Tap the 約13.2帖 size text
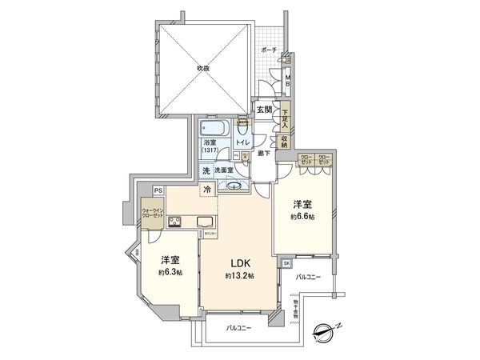[x=239, y=276]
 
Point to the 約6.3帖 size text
[x=169, y=273]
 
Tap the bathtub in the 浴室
[x=214, y=128]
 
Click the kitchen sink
[x=204, y=222]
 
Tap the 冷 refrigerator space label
[x=207, y=189]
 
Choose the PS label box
[x=158, y=190]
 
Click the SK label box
[x=286, y=262]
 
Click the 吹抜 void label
[x=202, y=68]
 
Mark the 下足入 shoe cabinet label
[x=286, y=117]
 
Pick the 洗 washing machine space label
[x=206, y=170]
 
